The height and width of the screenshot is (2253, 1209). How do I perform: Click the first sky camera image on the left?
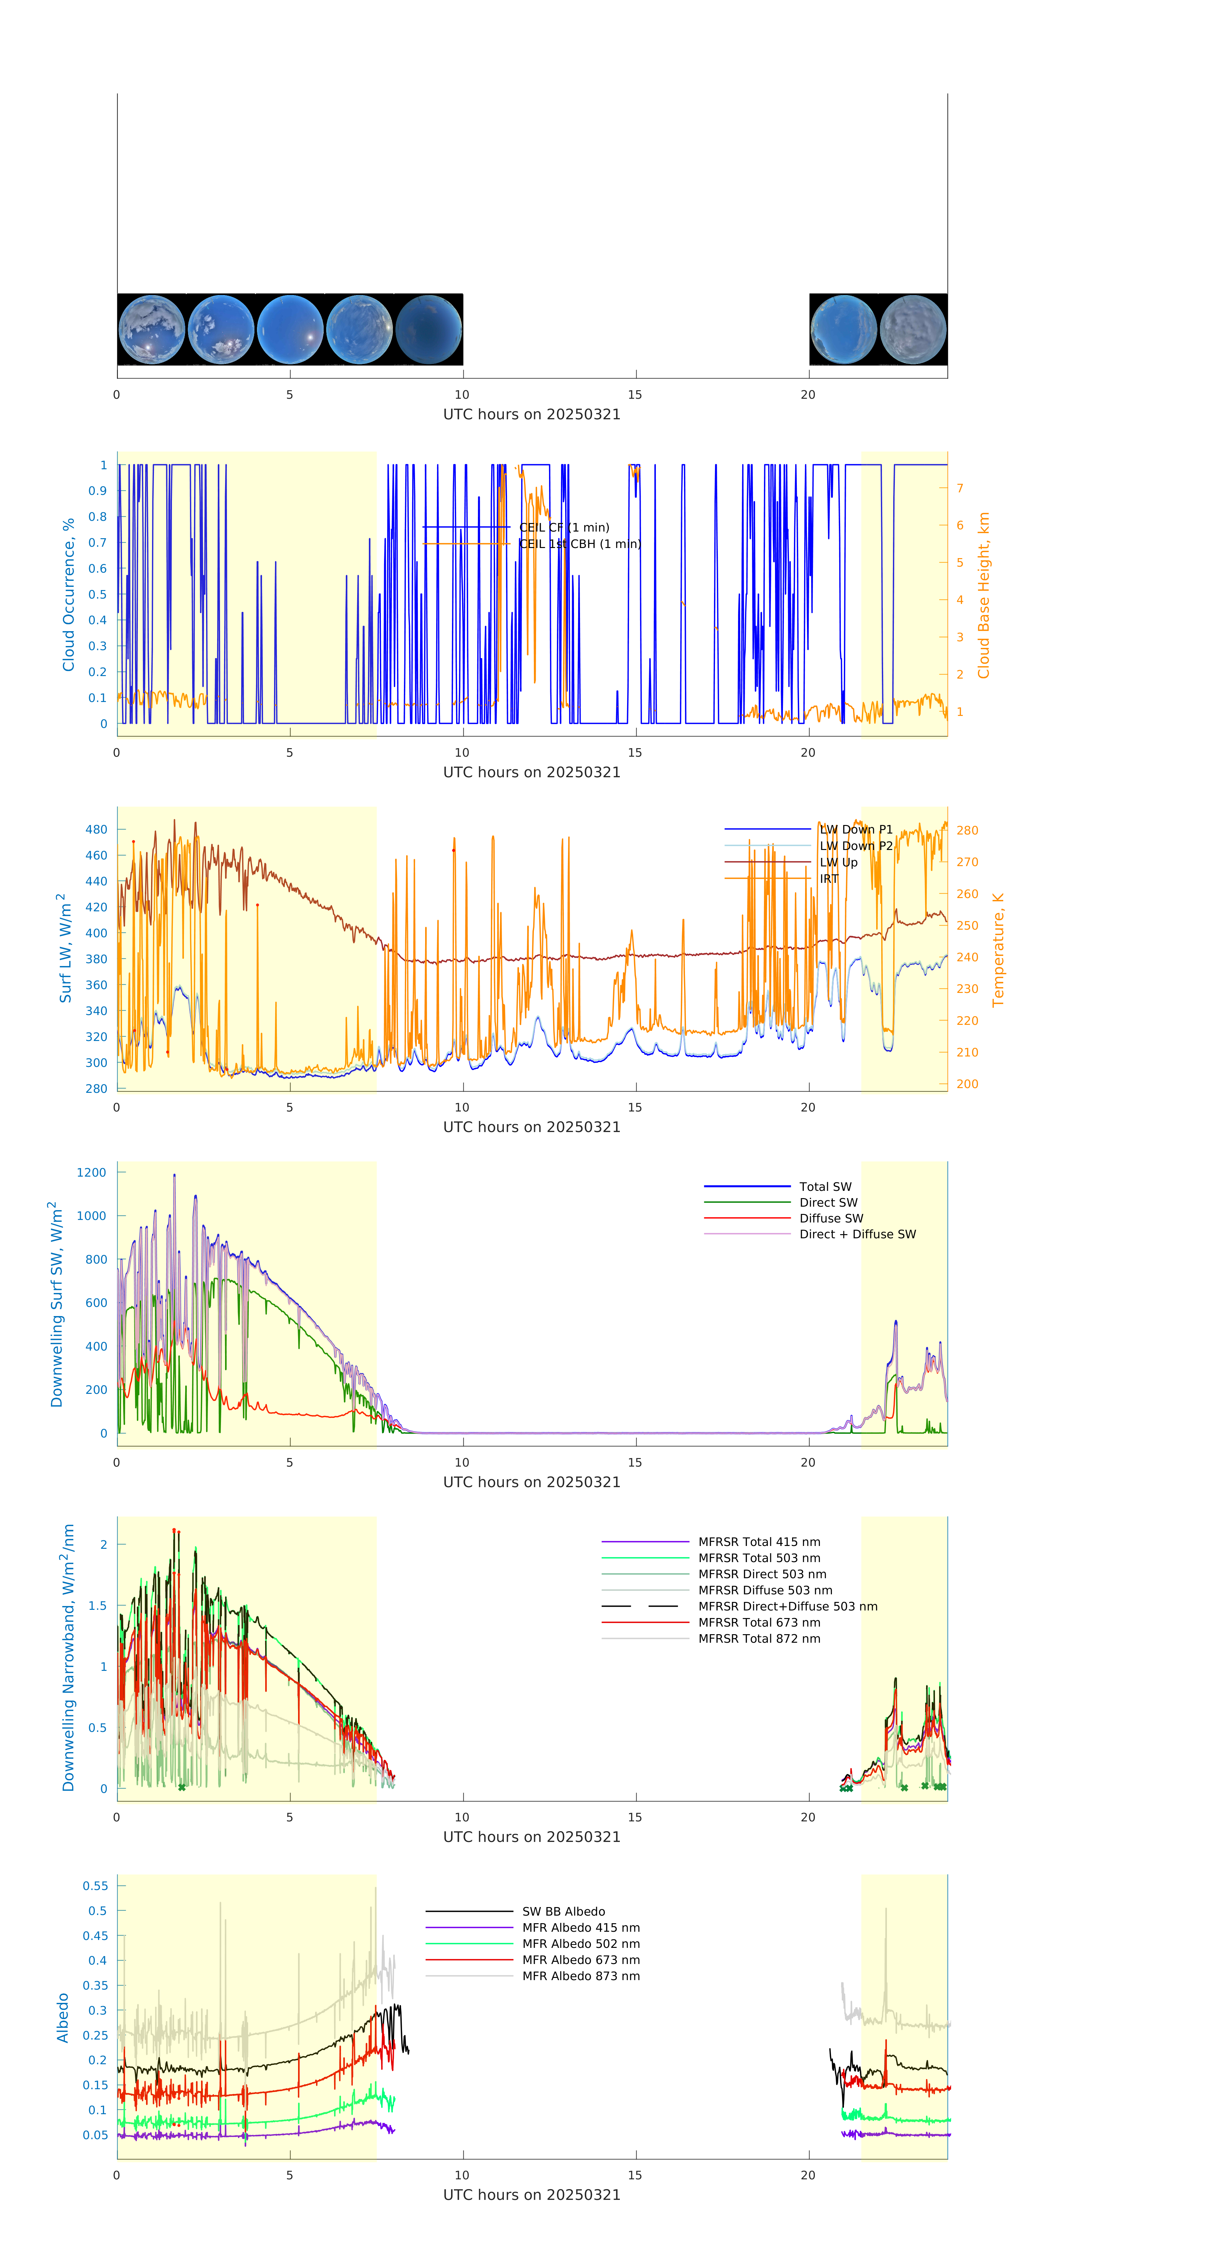[151, 330]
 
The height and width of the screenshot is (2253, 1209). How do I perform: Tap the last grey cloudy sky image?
[913, 330]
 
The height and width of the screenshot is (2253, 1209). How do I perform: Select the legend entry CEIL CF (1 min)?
[564, 527]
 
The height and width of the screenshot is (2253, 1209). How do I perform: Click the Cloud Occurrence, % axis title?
[68, 595]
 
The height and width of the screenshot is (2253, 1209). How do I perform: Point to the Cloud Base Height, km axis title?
[983, 596]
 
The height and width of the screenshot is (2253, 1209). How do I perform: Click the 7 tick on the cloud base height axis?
[960, 488]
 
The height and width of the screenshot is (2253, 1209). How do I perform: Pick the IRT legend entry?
[829, 879]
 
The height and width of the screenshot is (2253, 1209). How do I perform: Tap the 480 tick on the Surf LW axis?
[96, 829]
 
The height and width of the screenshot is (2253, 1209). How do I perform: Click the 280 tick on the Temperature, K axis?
[967, 830]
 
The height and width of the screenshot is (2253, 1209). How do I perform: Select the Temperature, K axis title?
[998, 950]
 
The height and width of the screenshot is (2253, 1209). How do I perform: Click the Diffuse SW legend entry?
[830, 1218]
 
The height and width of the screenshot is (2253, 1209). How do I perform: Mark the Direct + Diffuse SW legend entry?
[857, 1234]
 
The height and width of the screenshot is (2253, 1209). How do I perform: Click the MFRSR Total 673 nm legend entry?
[759, 1622]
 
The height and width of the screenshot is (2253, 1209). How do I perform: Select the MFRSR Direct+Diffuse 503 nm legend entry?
[787, 1607]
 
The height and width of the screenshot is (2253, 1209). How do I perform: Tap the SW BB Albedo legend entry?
[563, 1912]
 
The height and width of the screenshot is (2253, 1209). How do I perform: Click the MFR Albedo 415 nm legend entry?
[580, 1928]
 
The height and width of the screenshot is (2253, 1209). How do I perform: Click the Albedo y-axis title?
[63, 2018]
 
